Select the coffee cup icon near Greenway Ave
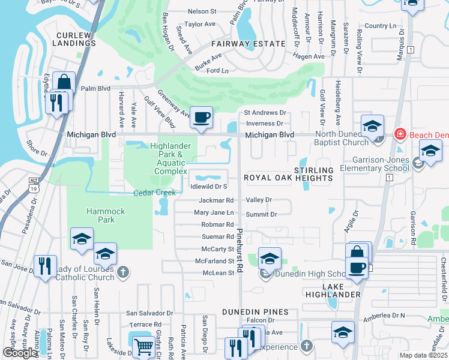pos(202,118)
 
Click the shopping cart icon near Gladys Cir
pos(143,347)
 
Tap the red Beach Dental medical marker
pos(399,134)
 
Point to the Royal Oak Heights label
pos(288,178)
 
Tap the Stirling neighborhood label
pos(313,170)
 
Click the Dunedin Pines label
pos(255,312)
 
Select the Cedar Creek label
pos(155,193)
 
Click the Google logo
pos(20,353)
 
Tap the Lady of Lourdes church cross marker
pos(122,273)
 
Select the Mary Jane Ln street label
pos(214,213)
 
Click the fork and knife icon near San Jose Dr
pos(44,266)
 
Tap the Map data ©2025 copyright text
pos(423,355)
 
